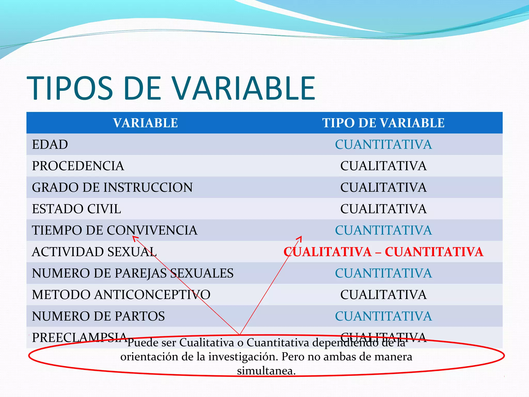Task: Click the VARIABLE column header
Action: [x=145, y=123]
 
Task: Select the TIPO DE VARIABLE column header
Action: [x=383, y=123]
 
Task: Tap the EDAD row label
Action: [x=50, y=144]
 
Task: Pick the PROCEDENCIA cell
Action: [x=78, y=166]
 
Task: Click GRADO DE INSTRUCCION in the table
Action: [x=112, y=187]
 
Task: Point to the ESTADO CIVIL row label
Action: [x=76, y=209]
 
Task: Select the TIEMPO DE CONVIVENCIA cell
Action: [x=115, y=230]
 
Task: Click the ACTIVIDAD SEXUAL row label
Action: [x=94, y=251]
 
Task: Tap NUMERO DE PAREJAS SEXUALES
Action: [x=133, y=273]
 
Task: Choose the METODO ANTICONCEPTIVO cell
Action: [x=121, y=295]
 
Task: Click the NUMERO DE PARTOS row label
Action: [x=98, y=316]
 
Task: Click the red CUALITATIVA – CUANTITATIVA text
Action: [x=383, y=252]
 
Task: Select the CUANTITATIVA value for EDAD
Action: [x=383, y=144]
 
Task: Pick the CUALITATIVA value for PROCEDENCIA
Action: [x=383, y=166]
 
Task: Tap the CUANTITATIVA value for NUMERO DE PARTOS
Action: [x=383, y=316]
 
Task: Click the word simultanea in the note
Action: [x=266, y=371]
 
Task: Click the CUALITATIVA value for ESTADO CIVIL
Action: [x=383, y=209]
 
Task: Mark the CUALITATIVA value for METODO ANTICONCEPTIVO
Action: [x=383, y=295]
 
